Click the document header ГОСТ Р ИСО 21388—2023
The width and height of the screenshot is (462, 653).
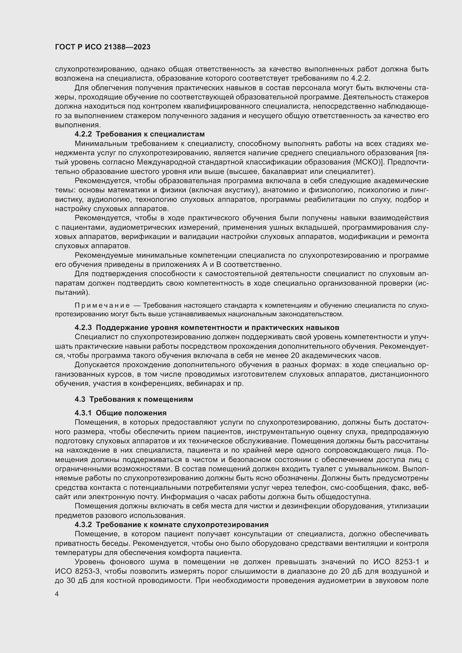tap(103, 47)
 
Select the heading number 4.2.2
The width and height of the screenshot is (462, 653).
tap(83, 134)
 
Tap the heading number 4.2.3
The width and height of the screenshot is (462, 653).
tap(83, 328)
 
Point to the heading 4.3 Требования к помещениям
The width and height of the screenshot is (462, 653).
tap(134, 399)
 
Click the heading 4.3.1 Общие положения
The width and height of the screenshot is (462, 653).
tap(121, 413)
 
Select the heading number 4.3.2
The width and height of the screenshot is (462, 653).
tap(83, 525)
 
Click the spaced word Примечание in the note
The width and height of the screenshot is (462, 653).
tap(102, 306)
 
